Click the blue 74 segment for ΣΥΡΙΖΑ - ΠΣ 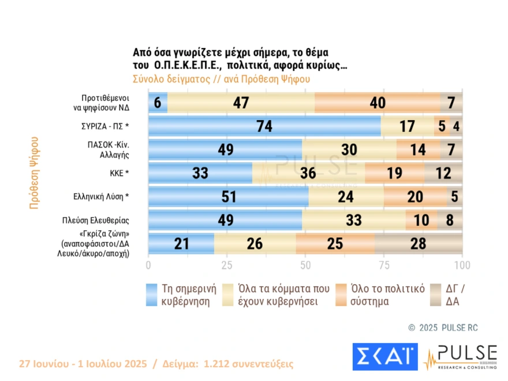pos(265,126)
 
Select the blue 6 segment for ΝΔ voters pos(158,103)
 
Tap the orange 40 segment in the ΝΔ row pos(377,103)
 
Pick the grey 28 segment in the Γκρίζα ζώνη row pos(419,244)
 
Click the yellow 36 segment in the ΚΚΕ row pos(308,173)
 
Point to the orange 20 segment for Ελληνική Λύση pos(415,197)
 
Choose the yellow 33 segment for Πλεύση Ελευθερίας pos(353,220)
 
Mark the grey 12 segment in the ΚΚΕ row pos(443,173)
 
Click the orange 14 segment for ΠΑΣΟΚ pos(418,150)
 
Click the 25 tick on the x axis pos(227,265)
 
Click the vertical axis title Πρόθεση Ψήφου pos(34,172)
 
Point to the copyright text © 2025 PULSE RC pos(443,327)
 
